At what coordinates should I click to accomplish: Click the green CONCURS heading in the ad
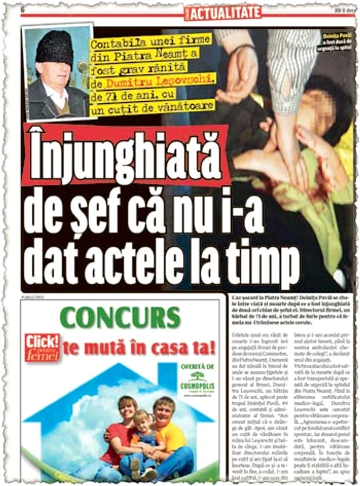(120, 318)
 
